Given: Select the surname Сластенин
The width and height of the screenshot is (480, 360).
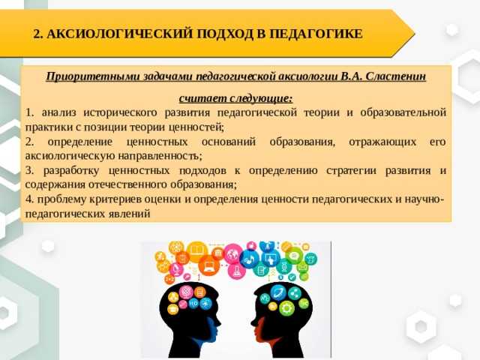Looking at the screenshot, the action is pos(395,76).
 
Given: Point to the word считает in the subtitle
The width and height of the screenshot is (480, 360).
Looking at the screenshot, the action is pos(202,98).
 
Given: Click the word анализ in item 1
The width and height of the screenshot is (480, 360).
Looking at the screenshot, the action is pos(58,112).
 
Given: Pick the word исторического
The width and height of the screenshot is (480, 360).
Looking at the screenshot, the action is pos(120,113).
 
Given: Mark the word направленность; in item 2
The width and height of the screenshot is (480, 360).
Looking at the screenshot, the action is pos(160,157).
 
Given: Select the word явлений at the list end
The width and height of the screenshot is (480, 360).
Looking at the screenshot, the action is pos(129,214).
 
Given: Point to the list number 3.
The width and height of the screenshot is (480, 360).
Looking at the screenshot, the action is pos(29,170).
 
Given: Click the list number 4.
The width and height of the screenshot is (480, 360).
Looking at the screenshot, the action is pos(29,199).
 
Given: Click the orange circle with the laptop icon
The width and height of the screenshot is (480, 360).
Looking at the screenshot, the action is pos(209,265).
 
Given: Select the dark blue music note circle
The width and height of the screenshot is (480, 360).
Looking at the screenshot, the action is pos(250,259).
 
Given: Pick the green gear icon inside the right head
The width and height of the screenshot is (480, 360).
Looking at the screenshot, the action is pos(286,308).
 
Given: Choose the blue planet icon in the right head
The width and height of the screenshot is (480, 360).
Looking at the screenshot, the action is pos(278,292).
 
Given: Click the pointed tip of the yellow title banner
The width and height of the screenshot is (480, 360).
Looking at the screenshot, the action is pos(415,33).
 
